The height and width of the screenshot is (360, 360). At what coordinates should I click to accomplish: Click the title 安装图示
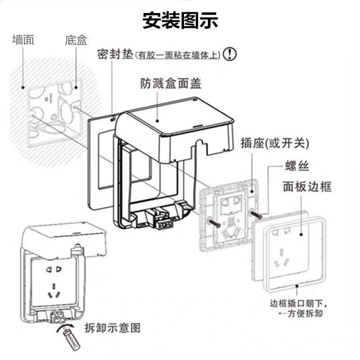[180, 20]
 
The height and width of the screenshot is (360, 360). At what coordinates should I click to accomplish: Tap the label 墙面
[23, 40]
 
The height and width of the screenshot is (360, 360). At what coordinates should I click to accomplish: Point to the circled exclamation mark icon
[230, 54]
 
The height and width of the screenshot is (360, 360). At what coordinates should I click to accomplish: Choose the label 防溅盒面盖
[171, 84]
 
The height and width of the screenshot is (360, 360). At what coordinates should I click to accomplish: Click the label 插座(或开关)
[275, 143]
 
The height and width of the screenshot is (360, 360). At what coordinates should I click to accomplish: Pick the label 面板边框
[306, 186]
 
